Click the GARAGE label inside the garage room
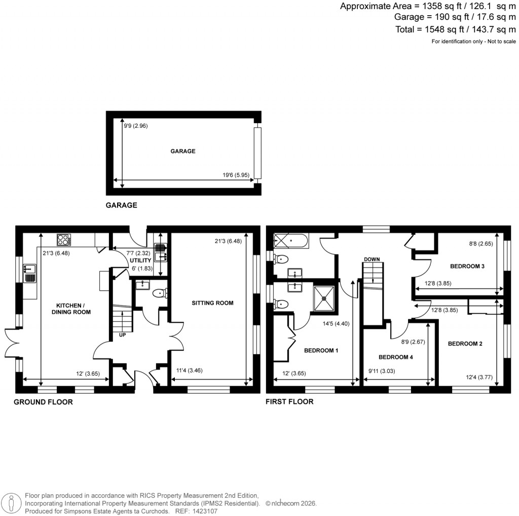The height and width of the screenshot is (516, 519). pos(183,151)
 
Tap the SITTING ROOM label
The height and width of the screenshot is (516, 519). pos(212,303)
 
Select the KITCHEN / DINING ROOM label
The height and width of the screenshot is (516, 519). pos(73,309)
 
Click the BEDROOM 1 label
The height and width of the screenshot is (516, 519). pos(321,350)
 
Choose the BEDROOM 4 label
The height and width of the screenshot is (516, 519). pos(396,357)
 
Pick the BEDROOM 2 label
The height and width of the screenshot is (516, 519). pos(465,344)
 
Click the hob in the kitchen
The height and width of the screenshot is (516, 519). pos(64,239)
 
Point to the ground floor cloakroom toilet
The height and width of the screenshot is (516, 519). pos(160,293)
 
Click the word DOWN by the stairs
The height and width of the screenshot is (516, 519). pos(372,260)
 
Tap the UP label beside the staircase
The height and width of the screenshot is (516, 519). pos(122,335)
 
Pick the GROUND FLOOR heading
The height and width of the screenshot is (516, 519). pos(43,402)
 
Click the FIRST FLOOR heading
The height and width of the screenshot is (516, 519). pos(289,401)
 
